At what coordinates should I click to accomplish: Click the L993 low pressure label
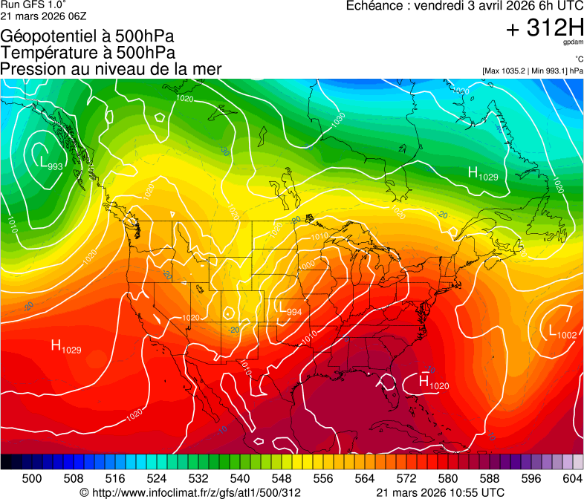coord(51,164)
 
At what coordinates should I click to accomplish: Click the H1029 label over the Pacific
coord(66,346)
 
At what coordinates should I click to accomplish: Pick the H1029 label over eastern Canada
coord(483,174)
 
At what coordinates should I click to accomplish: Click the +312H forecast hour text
coord(544,28)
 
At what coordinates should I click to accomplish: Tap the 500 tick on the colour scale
coord(32,478)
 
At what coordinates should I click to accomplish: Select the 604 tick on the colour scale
coord(571,478)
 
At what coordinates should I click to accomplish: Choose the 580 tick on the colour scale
coord(447,478)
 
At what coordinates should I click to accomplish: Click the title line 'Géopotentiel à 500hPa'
coord(88,36)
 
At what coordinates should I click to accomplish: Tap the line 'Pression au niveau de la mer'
coord(111,69)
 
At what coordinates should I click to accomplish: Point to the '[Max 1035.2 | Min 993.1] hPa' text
coord(533,71)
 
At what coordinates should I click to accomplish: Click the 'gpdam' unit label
coord(572,43)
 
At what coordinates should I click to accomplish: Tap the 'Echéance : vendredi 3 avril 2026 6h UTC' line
coord(464,6)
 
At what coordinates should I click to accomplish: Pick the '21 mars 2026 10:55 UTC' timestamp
coord(441,492)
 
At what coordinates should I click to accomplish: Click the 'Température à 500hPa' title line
coord(88,53)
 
